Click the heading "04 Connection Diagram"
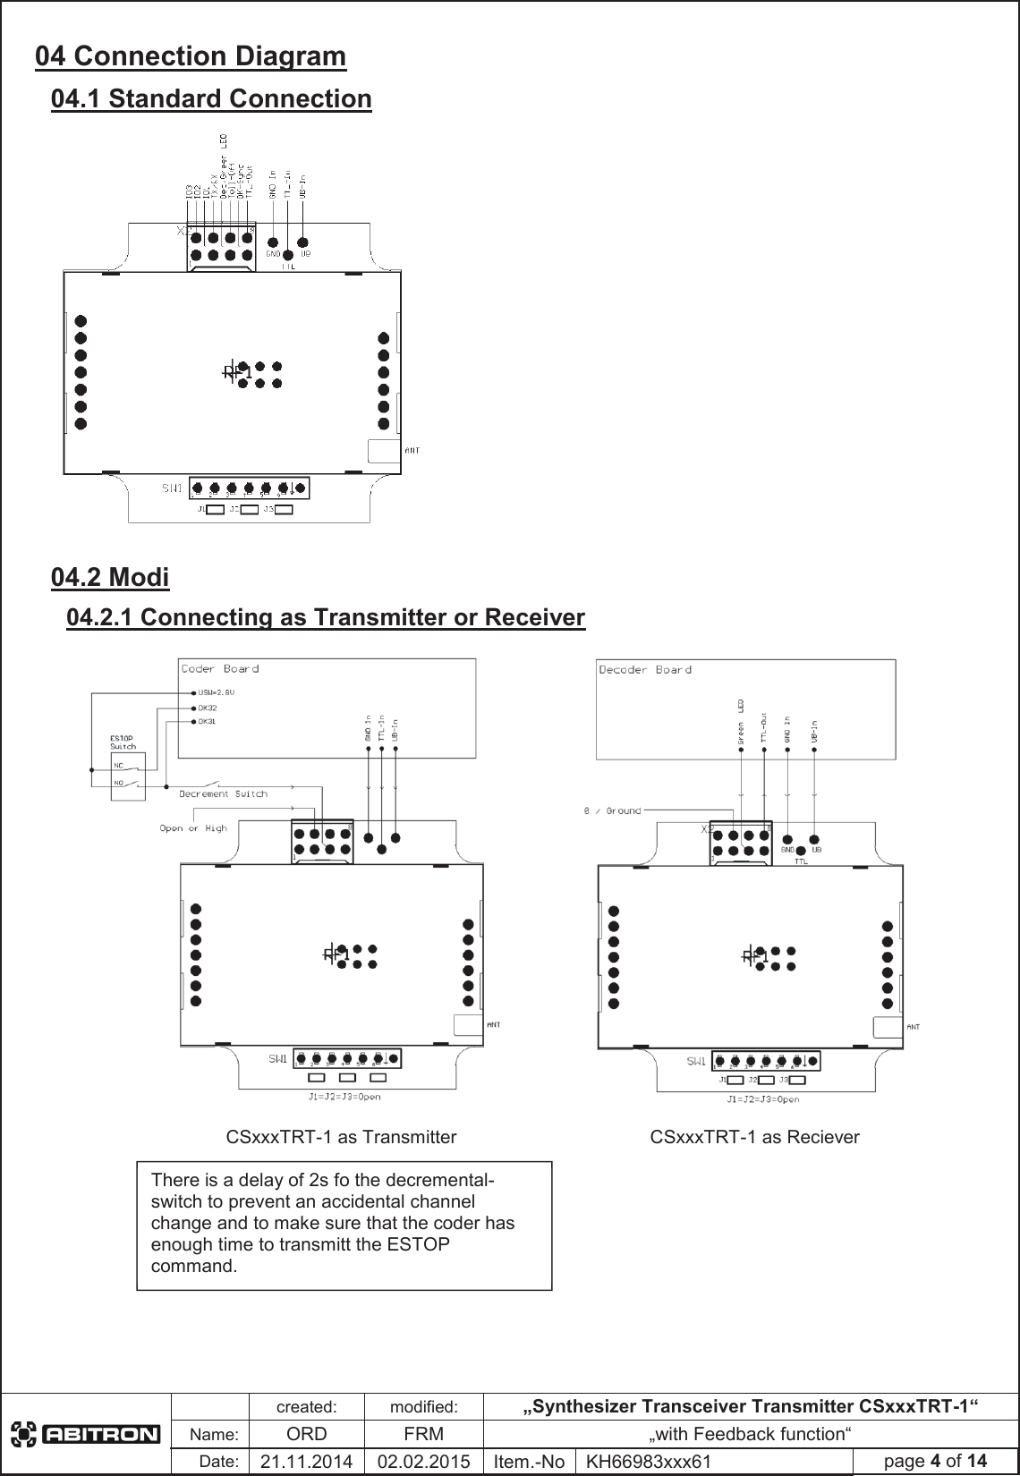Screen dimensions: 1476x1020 (x=191, y=56)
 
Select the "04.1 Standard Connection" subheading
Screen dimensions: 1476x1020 (x=211, y=98)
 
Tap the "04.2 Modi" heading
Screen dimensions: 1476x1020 (x=110, y=578)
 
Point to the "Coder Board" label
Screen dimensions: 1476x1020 (x=220, y=668)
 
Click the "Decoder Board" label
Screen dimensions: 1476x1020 (x=644, y=669)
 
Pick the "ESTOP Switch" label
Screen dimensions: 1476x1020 (x=123, y=742)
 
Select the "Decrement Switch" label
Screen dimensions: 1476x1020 (x=223, y=793)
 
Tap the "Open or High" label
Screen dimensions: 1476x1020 (x=192, y=828)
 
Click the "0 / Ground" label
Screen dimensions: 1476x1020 (x=612, y=810)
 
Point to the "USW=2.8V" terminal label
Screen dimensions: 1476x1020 (x=217, y=691)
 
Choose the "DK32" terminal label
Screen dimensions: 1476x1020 (x=208, y=707)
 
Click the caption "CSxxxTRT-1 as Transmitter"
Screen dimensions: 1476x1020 (x=341, y=1137)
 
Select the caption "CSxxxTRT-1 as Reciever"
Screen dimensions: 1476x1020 (x=754, y=1137)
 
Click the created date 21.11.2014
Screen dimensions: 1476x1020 (x=306, y=1462)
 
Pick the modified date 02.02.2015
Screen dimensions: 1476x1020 (x=423, y=1462)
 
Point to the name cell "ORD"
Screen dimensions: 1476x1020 (x=306, y=1434)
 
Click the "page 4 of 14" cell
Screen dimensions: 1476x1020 (x=934, y=1461)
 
